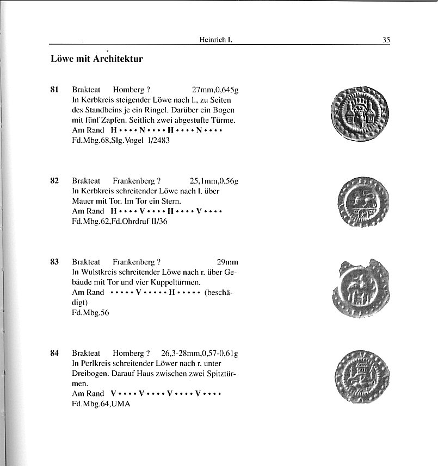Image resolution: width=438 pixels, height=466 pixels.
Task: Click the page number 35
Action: click(386, 39)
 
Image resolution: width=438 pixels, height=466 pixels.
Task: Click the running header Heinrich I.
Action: click(217, 39)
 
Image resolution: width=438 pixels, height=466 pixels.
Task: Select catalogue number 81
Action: click(54, 90)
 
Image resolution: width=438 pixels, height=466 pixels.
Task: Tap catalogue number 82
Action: click(54, 181)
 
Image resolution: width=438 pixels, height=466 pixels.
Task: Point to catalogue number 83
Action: click(54, 261)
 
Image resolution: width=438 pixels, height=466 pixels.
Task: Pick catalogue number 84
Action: click(54, 352)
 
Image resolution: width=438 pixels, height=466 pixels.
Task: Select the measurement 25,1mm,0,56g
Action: click(214, 181)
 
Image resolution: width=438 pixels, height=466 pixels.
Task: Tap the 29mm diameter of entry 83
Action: click(227, 261)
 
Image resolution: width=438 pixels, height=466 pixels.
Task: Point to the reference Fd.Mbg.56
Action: click(90, 312)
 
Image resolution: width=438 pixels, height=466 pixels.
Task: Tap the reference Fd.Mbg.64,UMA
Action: click(101, 404)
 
